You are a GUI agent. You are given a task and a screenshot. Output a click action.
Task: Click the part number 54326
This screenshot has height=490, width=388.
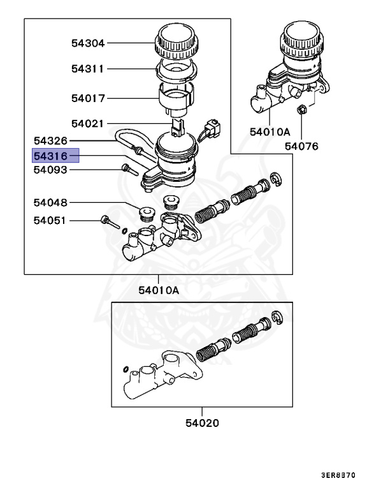pyautogui.click(x=50, y=140)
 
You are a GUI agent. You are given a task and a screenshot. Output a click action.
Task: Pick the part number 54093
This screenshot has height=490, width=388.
pyautogui.click(x=50, y=170)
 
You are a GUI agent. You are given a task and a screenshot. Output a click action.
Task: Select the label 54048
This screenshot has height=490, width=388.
pyautogui.click(x=50, y=203)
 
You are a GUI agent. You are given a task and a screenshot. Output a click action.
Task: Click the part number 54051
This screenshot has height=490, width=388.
pyautogui.click(x=50, y=221)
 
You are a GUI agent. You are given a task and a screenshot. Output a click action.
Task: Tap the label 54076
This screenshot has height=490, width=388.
pyautogui.click(x=301, y=147)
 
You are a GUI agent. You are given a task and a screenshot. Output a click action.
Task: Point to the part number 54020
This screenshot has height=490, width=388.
pyautogui.click(x=203, y=422)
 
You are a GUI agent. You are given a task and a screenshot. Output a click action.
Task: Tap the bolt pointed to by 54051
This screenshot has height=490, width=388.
pyautogui.click(x=109, y=223)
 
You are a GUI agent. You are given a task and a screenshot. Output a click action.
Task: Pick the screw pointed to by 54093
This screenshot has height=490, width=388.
pyautogui.click(x=127, y=170)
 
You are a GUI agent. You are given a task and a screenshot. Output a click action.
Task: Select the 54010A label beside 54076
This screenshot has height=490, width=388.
pyautogui.click(x=269, y=132)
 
